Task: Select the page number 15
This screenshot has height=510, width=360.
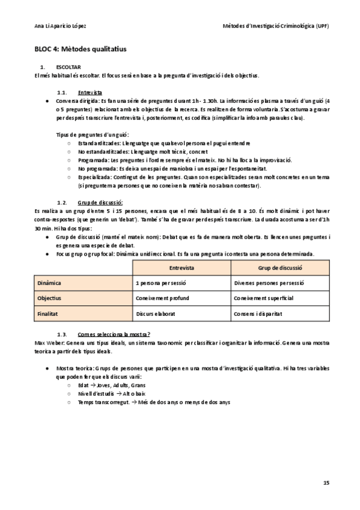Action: pos(326,482)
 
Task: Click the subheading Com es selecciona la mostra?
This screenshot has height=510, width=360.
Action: pos(114,333)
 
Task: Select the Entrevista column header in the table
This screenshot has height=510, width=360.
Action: pos(182,267)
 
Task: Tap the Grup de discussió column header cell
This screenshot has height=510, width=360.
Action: pos(279,267)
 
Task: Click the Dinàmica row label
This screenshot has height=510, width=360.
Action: pos(49,283)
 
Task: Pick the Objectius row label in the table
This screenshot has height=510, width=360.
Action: pos(49,298)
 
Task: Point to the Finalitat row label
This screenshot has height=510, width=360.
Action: pos(48,314)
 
